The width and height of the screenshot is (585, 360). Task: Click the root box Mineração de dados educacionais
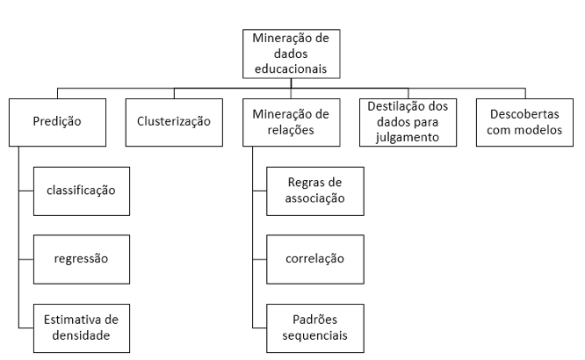click(291, 54)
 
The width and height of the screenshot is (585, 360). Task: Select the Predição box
click(57, 122)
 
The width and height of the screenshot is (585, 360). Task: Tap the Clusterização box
click(174, 122)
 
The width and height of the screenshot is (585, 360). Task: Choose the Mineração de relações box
click(291, 122)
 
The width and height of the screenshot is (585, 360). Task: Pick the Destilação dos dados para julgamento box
click(408, 122)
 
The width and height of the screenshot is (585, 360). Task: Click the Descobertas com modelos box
click(524, 122)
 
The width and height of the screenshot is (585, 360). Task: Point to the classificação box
click(82, 191)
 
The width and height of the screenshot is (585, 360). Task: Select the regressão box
click(82, 259)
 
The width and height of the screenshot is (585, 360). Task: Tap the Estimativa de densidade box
click(82, 328)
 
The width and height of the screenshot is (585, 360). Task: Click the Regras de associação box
click(315, 191)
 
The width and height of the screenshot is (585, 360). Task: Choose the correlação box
click(315, 259)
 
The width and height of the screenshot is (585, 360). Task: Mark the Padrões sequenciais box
click(315, 328)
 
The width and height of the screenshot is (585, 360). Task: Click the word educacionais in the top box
click(291, 69)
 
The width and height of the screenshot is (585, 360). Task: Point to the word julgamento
click(408, 138)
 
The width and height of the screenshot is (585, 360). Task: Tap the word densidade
click(81, 335)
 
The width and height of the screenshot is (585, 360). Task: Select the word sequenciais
click(314, 335)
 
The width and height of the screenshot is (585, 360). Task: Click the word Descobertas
click(524, 114)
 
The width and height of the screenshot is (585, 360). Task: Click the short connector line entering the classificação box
click(26, 191)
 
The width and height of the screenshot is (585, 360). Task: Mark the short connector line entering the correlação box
click(260, 259)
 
